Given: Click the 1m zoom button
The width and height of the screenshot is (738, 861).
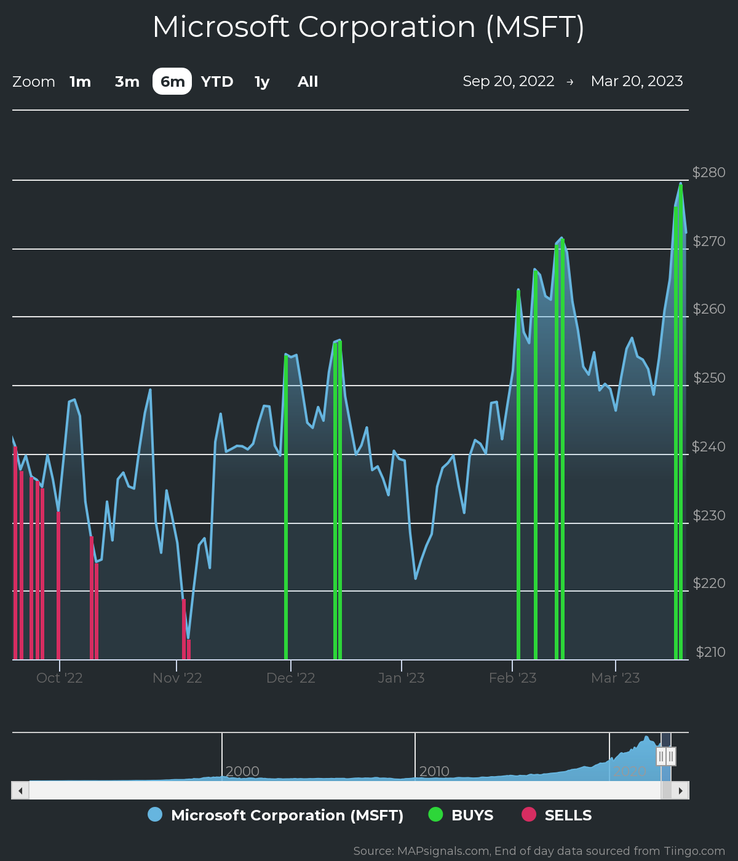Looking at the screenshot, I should [x=80, y=82].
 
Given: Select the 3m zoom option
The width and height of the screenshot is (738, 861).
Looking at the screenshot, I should [x=127, y=82].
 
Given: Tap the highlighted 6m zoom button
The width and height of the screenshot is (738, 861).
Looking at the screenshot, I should [x=172, y=82].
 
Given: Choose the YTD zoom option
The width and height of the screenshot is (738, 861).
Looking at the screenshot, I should [x=217, y=82].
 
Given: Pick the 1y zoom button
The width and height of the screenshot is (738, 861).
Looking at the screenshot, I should [x=262, y=82].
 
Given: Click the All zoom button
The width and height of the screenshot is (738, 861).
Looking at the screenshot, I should [x=307, y=82].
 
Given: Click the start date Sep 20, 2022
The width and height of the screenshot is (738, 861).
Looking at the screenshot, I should [x=509, y=81].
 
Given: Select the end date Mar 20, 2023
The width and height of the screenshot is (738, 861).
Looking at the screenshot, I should [x=637, y=81].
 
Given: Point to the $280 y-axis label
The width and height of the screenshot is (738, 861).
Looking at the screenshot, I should [x=708, y=172].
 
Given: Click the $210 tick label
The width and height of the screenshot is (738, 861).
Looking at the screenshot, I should [x=710, y=652].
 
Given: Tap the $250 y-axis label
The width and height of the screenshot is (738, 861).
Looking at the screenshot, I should [x=709, y=378].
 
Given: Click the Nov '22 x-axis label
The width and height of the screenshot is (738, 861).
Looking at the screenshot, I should [x=177, y=678].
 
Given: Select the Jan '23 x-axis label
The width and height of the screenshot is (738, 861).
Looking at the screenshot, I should [x=401, y=678].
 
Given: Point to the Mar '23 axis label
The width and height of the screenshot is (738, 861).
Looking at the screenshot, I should [x=615, y=678].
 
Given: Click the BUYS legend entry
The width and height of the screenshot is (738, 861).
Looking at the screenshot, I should [x=472, y=815].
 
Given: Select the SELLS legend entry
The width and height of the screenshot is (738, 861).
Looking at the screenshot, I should [x=568, y=815].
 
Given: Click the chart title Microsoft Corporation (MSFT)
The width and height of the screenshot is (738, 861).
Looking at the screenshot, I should [x=368, y=27].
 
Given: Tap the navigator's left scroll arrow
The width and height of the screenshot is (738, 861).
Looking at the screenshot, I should [x=20, y=790].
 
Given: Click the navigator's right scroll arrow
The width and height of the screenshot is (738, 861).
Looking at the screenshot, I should [x=680, y=790].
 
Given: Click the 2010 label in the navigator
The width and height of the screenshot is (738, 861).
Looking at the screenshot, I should [x=434, y=771].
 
